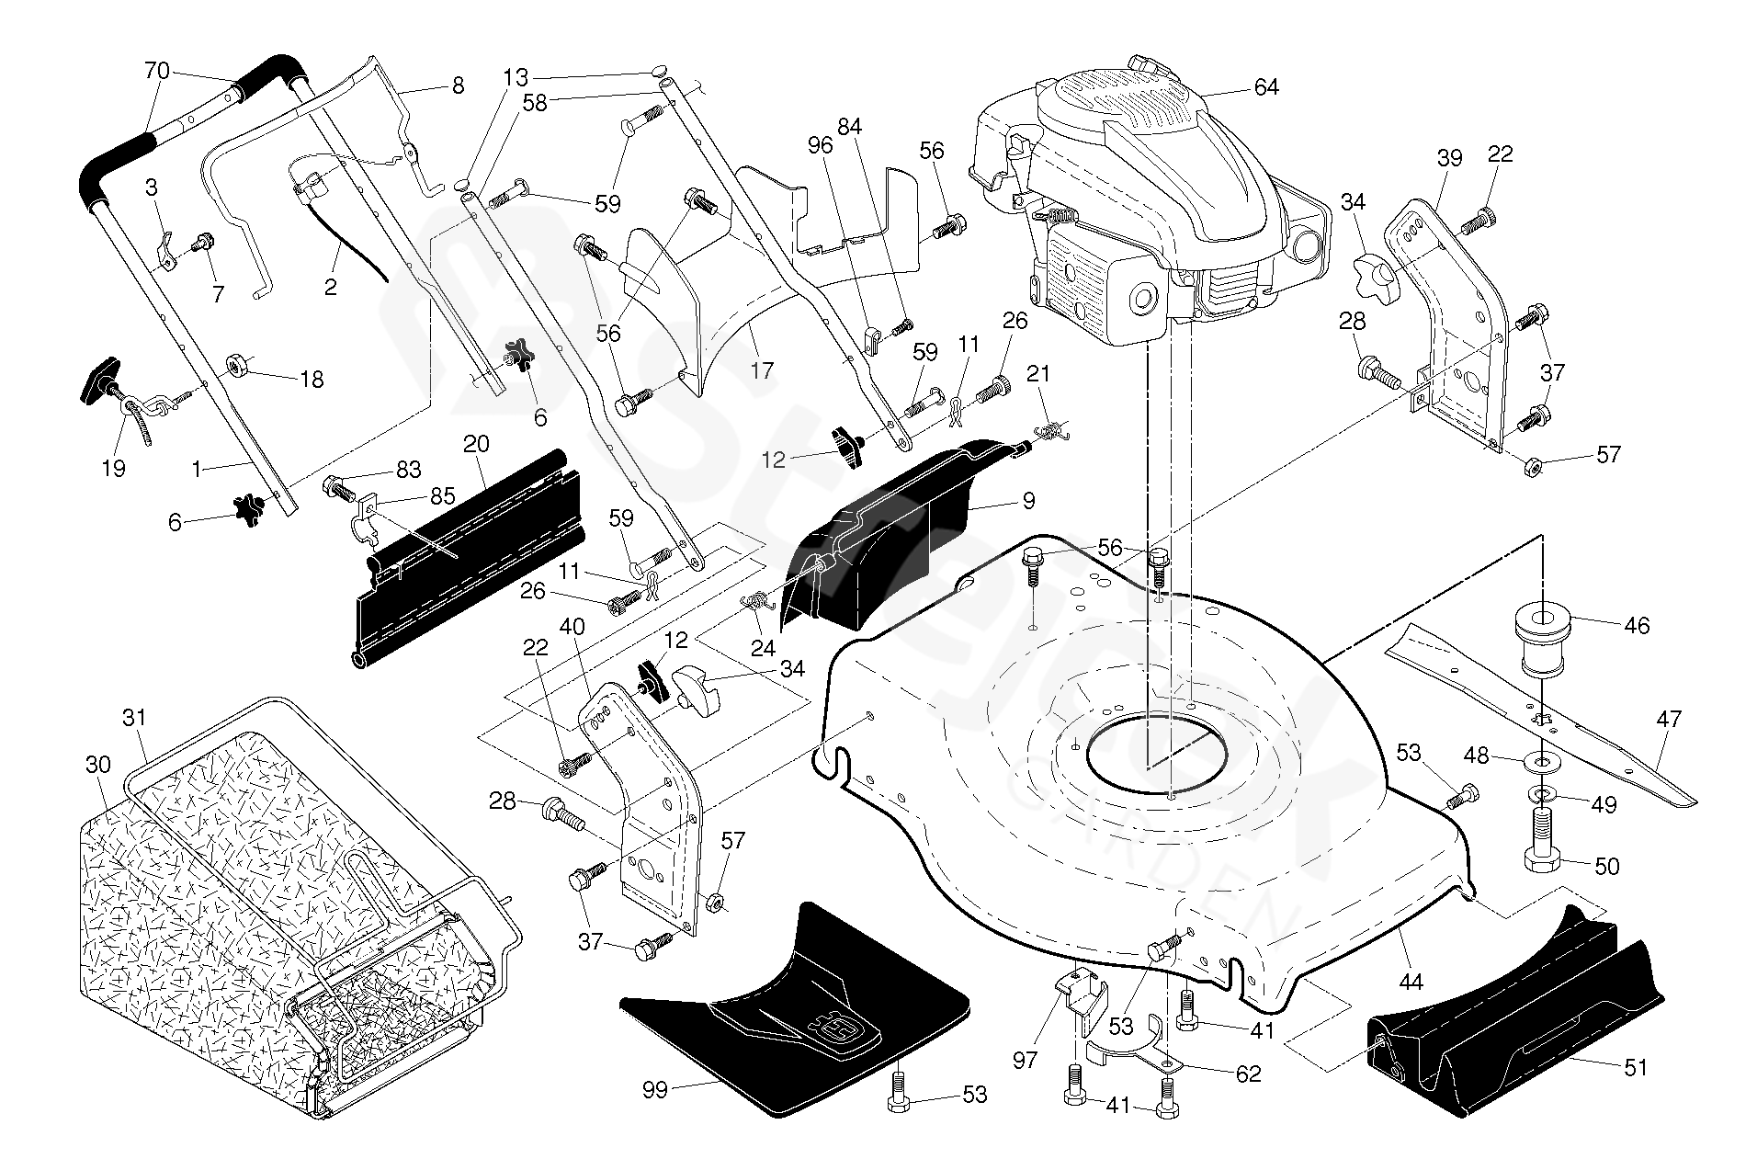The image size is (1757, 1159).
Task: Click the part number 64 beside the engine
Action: pos(1265,87)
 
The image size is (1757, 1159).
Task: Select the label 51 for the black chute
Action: pos(1635,1067)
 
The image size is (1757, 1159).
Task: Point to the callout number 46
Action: pos(1637,626)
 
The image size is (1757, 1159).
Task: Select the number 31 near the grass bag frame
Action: pos(134,718)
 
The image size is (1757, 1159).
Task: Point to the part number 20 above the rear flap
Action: pos(476,444)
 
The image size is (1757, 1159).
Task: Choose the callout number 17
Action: pos(762,371)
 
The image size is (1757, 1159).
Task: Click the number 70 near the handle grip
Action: pos(157,69)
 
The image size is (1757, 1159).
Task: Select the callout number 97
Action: pos(1025,1061)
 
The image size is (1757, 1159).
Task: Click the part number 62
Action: pos(1249,1073)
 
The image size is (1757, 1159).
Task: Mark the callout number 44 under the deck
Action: pos(1410,983)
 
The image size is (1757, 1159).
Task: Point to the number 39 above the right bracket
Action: pos(1448,158)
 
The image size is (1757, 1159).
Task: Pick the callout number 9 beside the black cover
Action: pos(1028,501)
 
